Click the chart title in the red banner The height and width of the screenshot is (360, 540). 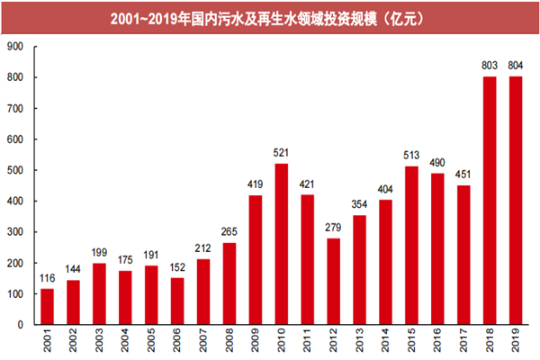click(269, 17)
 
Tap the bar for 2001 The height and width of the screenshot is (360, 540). click(48, 306)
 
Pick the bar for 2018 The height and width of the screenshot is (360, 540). click(490, 200)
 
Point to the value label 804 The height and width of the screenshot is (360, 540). click(516, 66)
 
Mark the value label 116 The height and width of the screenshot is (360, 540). click(48, 278)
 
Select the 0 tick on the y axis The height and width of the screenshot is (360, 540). click(24, 324)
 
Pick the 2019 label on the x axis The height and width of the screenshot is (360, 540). click(517, 343)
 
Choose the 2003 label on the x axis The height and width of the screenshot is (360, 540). click(100, 343)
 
